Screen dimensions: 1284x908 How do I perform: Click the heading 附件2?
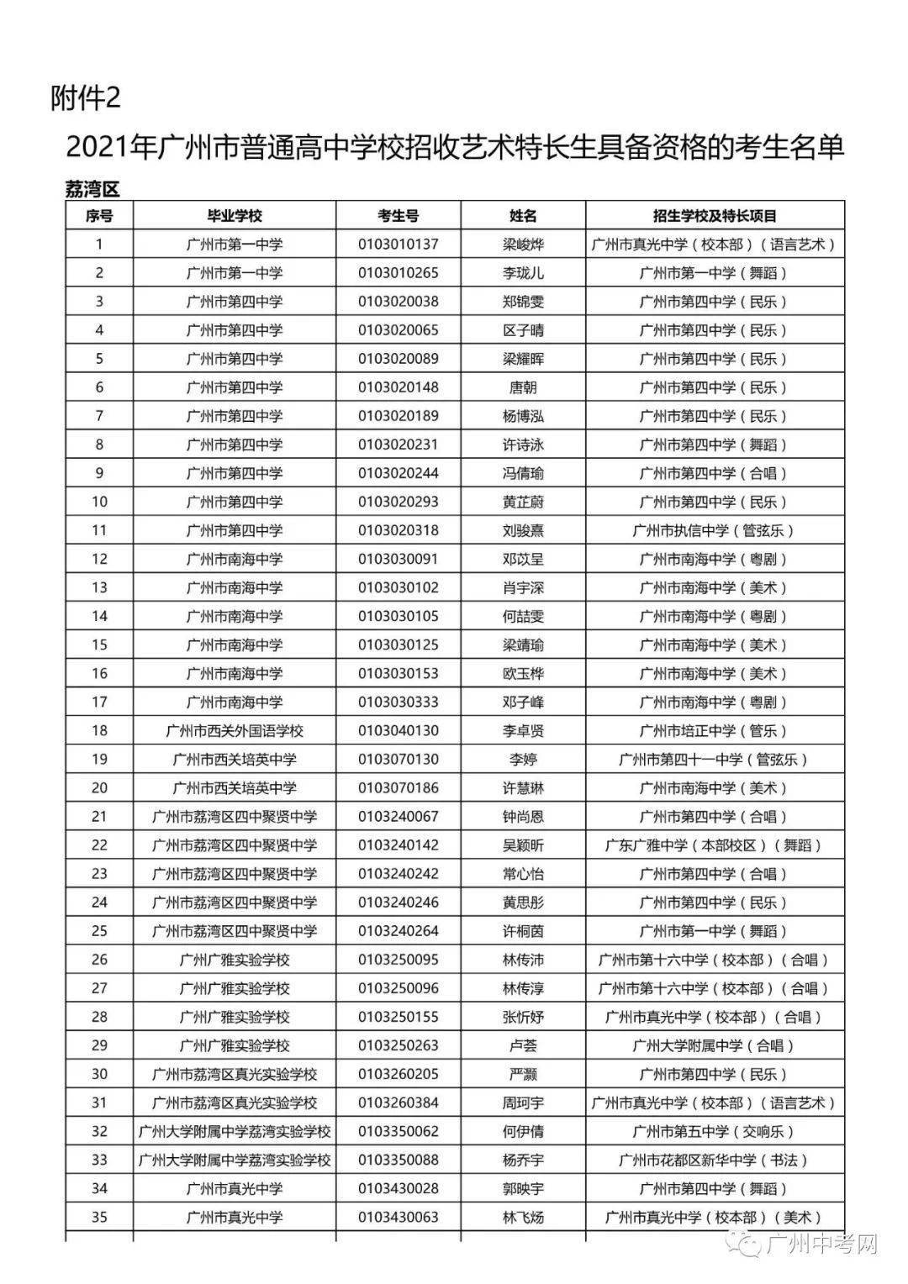(x=86, y=98)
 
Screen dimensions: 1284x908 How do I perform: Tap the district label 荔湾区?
(x=92, y=189)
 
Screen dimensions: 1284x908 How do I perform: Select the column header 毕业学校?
(x=235, y=216)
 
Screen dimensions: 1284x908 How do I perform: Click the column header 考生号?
(x=398, y=216)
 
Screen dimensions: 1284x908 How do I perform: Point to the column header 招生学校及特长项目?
(x=715, y=216)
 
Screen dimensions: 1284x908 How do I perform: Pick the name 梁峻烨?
(x=523, y=245)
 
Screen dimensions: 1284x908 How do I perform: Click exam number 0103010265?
(x=398, y=273)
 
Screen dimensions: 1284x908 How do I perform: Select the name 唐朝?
(x=523, y=387)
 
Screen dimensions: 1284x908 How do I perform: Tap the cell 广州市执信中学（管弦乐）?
(x=715, y=530)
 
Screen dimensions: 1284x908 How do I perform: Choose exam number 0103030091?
(x=398, y=559)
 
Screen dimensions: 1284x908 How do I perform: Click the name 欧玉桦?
(x=523, y=673)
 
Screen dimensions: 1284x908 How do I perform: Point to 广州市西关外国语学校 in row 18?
(x=235, y=730)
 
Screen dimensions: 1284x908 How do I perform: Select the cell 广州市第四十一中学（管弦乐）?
(x=715, y=759)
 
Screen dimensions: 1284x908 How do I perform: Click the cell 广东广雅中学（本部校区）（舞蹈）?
(x=715, y=845)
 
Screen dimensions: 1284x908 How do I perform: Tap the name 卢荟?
(x=523, y=1045)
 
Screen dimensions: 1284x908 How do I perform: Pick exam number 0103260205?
(x=398, y=1074)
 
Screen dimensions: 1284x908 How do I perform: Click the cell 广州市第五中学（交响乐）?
(x=715, y=1131)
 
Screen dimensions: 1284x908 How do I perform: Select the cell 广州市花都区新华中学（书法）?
(x=715, y=1160)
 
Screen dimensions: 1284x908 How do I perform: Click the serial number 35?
(x=99, y=1217)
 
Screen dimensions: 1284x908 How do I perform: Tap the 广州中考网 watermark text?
(x=823, y=1244)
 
